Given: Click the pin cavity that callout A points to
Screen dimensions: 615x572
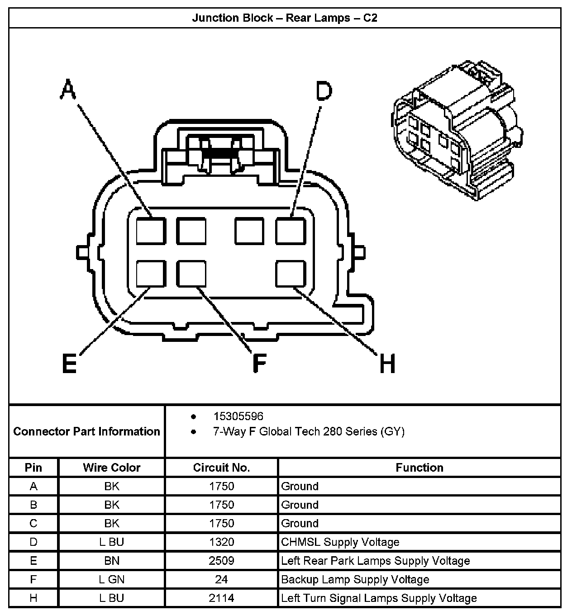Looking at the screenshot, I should pos(150,231).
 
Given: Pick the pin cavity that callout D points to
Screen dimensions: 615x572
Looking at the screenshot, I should pos(291,231).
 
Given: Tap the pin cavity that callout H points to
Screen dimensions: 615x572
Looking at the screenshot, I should pos(291,274).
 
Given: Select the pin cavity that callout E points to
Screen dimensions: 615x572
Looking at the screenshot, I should pos(150,274).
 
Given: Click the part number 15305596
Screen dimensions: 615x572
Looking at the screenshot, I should pos(238,416).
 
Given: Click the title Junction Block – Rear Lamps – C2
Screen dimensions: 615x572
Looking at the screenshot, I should pos(285,18).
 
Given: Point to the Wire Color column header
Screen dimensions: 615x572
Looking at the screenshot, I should pos(111,468).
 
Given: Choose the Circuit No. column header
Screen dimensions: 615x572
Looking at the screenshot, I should pos(221,468).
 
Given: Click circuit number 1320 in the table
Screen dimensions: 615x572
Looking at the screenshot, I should pos(221,542).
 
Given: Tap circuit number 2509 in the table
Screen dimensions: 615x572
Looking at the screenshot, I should pos(221,561).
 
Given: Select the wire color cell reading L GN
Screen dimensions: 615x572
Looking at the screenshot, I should pos(111,579).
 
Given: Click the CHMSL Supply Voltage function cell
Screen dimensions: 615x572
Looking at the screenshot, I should pos(340,542).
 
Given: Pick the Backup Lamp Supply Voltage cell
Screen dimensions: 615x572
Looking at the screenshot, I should pos(355,579).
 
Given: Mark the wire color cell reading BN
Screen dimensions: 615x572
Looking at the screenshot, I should pos(111,561).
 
